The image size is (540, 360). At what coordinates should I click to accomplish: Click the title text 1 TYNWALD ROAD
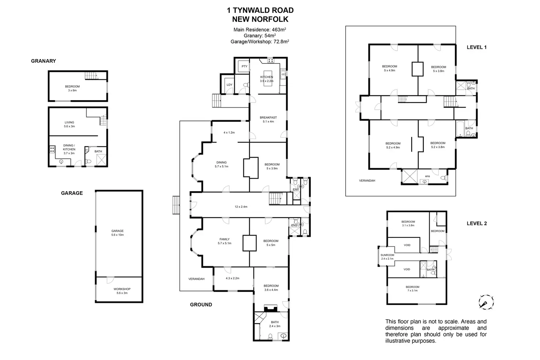click(x=260, y=11)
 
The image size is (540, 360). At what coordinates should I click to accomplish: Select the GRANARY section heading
click(x=43, y=61)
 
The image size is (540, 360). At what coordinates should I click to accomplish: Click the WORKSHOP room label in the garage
click(x=122, y=289)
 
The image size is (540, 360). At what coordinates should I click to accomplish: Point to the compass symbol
click(x=486, y=302)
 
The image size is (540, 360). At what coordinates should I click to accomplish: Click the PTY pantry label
click(x=244, y=66)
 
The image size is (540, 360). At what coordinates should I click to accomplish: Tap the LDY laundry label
click(x=229, y=85)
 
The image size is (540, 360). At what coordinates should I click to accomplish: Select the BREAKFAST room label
click(x=268, y=118)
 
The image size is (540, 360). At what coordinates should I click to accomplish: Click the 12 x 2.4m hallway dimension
click(x=241, y=207)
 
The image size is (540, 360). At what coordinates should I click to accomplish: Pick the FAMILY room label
click(x=225, y=239)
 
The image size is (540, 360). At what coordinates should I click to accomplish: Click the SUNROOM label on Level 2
click(x=387, y=255)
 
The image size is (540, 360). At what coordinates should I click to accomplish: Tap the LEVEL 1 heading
click(x=476, y=47)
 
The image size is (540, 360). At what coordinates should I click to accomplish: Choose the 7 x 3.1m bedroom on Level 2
click(x=412, y=288)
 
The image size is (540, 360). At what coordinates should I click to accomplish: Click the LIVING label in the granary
click(x=69, y=123)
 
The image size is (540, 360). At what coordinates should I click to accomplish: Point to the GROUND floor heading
click(x=201, y=305)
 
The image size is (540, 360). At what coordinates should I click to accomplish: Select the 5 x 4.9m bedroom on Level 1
click(x=390, y=68)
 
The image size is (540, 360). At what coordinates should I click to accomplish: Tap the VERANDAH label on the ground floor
click(x=196, y=279)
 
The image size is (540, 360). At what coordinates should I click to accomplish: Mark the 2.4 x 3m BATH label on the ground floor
click(x=274, y=324)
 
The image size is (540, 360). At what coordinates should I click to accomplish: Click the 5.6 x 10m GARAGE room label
click(x=117, y=233)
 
